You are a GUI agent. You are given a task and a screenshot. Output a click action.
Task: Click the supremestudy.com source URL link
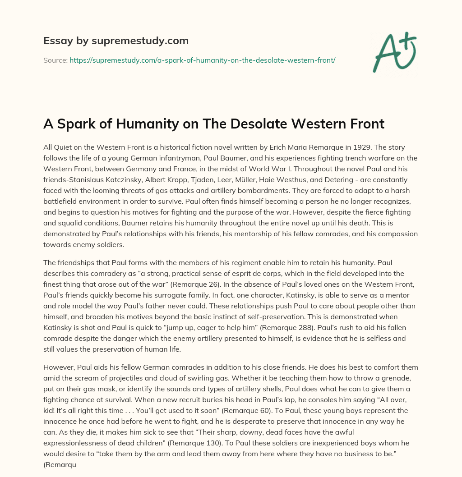[202, 60]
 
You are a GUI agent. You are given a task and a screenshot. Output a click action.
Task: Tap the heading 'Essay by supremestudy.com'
[116, 41]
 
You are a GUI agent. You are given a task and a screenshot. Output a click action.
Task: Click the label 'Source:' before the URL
[55, 60]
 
